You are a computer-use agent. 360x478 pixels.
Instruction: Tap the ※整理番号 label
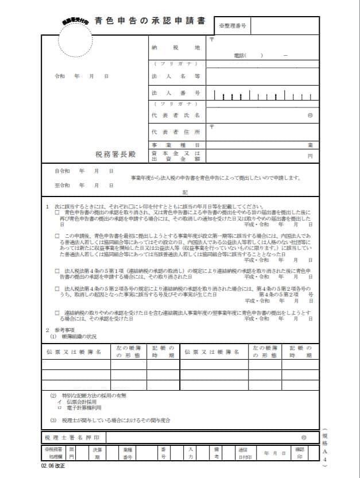point(232,26)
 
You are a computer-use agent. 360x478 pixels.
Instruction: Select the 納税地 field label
point(175,47)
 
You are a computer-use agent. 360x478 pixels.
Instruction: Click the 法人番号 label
point(175,92)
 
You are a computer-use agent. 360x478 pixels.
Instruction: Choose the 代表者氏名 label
point(175,115)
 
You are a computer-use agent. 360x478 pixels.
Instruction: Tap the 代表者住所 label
point(175,132)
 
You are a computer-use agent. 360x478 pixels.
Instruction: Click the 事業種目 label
point(175,145)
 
